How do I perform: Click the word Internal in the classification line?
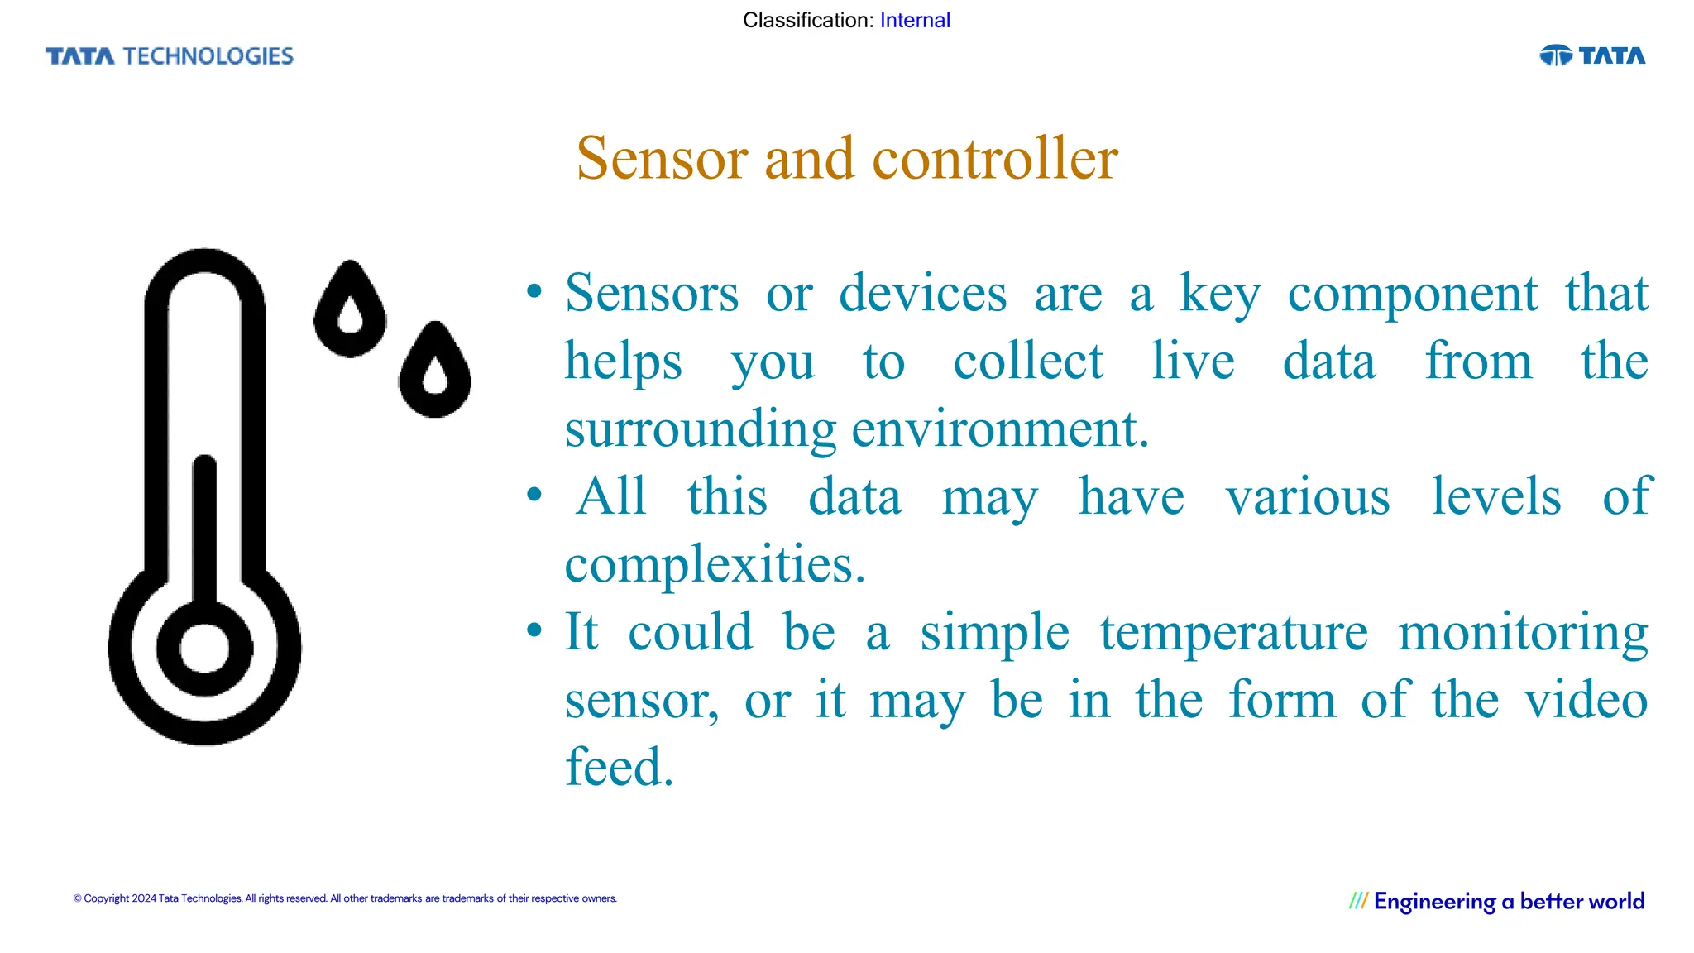(915, 21)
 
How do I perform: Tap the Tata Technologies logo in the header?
(170, 56)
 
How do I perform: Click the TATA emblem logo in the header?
(1591, 55)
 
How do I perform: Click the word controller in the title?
(995, 158)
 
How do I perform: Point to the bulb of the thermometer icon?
(204, 648)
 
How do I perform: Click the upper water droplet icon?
(350, 310)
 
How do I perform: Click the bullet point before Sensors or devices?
(534, 291)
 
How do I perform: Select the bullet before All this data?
(534, 495)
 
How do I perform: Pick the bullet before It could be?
(534, 630)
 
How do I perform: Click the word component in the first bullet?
(1412, 294)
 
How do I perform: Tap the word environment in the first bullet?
(999, 429)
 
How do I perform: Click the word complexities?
(715, 565)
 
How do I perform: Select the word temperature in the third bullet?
(1233, 633)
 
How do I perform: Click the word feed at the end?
(619, 767)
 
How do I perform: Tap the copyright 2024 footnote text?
(345, 898)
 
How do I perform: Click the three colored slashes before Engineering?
(1358, 901)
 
